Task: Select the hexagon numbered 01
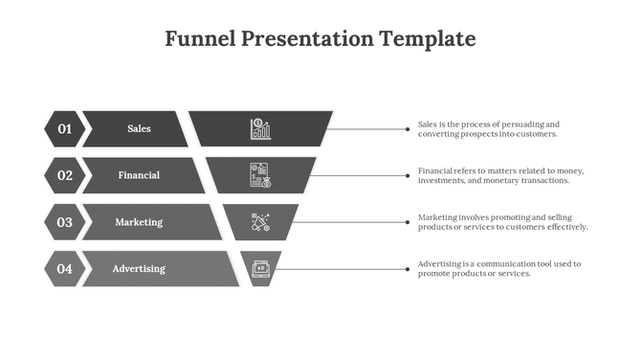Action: (x=64, y=128)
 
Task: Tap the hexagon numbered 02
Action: (x=64, y=175)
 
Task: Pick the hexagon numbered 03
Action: (x=64, y=222)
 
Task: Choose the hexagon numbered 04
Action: (x=64, y=269)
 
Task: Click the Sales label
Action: (x=139, y=128)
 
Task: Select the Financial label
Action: (x=139, y=175)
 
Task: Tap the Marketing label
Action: (x=139, y=222)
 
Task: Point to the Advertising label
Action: (x=139, y=269)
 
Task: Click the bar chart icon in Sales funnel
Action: (x=260, y=128)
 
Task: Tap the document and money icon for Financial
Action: (x=260, y=175)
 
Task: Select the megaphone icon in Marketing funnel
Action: (x=260, y=222)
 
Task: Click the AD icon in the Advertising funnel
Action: (x=259, y=268)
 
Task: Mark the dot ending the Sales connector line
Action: (x=408, y=129)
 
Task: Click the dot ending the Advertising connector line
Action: (x=408, y=269)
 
